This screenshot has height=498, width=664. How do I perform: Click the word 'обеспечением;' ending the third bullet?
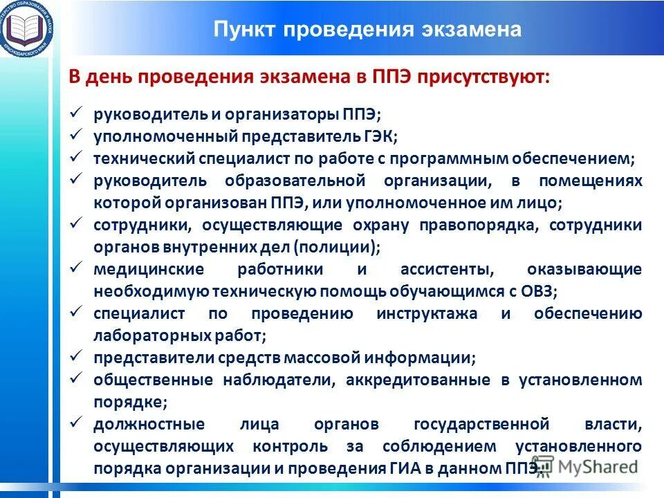pyautogui.click(x=573, y=158)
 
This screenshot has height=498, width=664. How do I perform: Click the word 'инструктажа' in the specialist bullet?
pyautogui.click(x=427, y=313)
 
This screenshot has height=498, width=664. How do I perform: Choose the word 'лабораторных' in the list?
pyautogui.click(x=142, y=335)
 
